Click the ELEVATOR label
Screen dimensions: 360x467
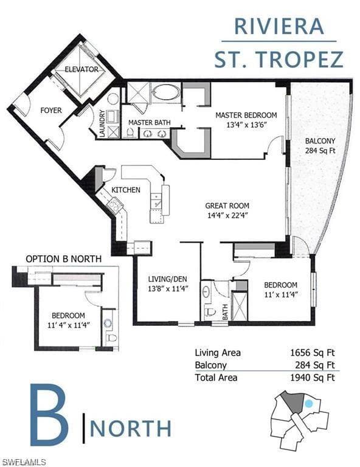tap(81, 69)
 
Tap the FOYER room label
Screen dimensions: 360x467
tap(51, 111)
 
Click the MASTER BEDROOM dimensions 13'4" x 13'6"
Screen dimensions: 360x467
tap(246, 125)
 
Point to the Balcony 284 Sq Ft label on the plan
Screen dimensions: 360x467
tap(320, 146)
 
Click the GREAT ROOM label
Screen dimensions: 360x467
tap(227, 206)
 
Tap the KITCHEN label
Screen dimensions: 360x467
tap(126, 190)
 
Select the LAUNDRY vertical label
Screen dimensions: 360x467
tap(102, 123)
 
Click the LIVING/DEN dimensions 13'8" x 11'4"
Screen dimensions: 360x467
tap(168, 289)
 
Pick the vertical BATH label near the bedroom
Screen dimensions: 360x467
tap(225, 312)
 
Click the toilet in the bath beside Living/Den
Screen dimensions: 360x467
tap(210, 312)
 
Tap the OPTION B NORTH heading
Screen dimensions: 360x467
tap(63, 259)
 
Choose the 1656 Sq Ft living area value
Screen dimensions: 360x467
tap(313, 353)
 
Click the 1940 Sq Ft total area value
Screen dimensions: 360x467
tap(313, 378)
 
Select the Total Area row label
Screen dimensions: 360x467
tap(216, 378)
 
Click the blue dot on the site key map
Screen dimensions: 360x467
tap(309, 404)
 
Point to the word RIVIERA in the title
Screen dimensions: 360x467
tap(279, 26)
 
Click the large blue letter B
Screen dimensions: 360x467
tap(49, 415)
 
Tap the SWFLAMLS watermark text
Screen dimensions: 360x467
tap(22, 463)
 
